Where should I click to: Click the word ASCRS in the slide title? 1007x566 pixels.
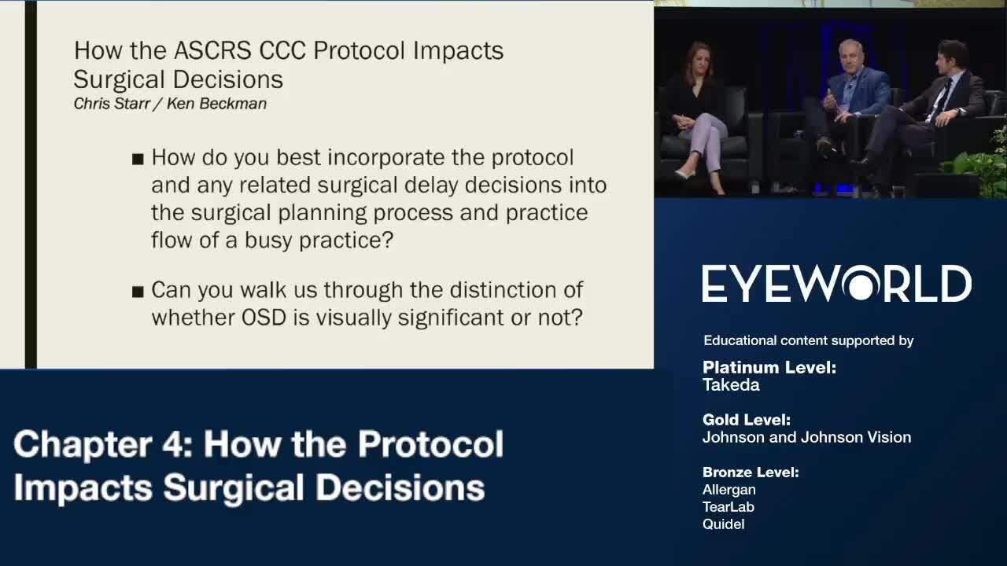point(212,50)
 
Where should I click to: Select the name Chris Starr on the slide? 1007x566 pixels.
point(112,104)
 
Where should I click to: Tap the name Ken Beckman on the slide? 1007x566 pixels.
point(216,104)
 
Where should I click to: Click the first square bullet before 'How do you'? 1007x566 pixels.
point(138,159)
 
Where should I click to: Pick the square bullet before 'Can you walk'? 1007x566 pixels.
point(138,292)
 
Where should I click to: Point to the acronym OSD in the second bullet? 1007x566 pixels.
point(264,318)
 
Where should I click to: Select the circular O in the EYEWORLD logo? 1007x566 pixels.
point(861,284)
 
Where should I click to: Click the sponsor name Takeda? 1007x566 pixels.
point(731,385)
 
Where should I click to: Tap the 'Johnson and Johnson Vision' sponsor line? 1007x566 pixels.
point(807,438)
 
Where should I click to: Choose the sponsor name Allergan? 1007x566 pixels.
point(729,490)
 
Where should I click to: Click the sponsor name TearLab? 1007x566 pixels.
point(729,507)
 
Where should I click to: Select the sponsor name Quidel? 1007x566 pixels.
point(724,524)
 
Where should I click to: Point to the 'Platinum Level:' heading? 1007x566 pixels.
point(769,367)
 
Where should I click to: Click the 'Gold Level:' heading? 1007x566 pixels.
point(747,420)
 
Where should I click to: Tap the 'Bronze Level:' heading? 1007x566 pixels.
point(751,472)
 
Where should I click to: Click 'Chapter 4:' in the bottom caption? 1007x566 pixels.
point(104,444)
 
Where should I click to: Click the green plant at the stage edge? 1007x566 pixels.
point(979,166)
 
